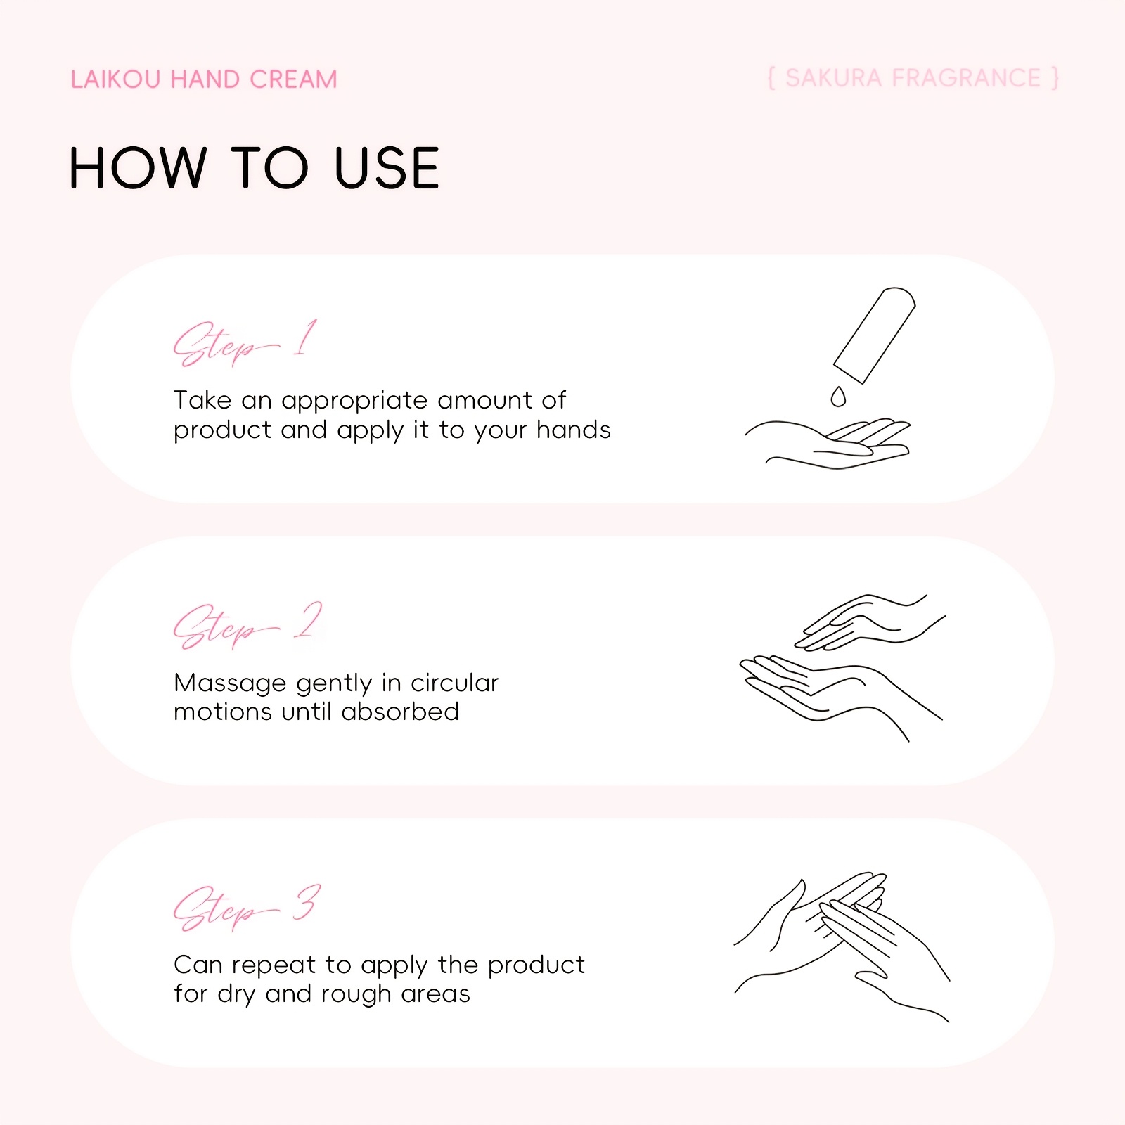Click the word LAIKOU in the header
pyautogui.click(x=116, y=79)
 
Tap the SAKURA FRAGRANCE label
pyautogui.click(x=913, y=78)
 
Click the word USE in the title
pyautogui.click(x=387, y=168)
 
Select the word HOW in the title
pyautogui.click(x=138, y=168)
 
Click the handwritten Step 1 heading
pyautogui.click(x=245, y=342)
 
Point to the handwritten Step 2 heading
pyautogui.click(x=247, y=625)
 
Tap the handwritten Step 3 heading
pyautogui.click(x=247, y=908)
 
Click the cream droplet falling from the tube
pyautogui.click(x=838, y=397)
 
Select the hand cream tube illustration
pyautogui.click(x=875, y=335)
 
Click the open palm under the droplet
pyautogui.click(x=828, y=444)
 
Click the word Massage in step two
pyautogui.click(x=230, y=683)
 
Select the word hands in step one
pyautogui.click(x=574, y=430)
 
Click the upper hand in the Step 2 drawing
pyautogui.click(x=870, y=622)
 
